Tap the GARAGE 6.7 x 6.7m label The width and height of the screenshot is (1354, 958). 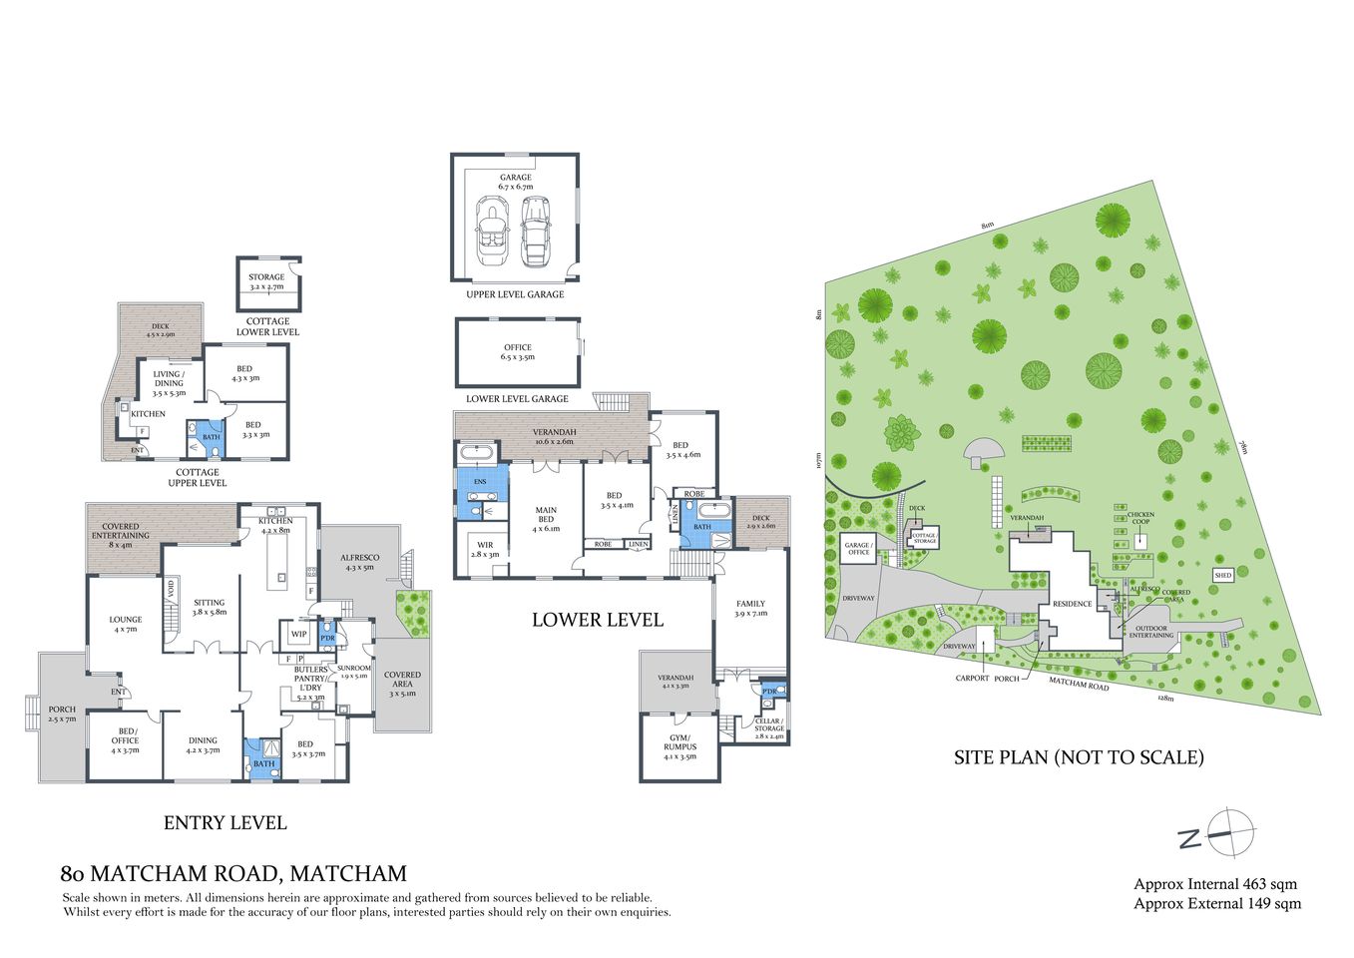516,183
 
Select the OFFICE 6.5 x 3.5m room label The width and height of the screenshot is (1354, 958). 517,352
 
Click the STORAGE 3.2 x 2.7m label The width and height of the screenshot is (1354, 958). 266,281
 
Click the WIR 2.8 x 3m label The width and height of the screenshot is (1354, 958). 485,550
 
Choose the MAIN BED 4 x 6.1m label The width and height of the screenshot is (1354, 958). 546,520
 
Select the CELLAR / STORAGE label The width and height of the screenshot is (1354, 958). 769,724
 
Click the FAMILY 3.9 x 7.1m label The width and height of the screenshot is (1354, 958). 750,609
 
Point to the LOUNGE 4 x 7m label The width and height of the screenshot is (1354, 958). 126,624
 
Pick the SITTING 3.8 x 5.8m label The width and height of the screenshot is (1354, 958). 210,607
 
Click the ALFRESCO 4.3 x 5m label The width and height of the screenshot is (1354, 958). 357,563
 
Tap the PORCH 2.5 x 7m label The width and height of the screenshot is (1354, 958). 62,715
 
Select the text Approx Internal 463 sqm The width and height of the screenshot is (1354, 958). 1215,884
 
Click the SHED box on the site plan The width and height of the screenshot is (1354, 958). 1223,575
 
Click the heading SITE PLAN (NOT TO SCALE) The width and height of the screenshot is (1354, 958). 1079,757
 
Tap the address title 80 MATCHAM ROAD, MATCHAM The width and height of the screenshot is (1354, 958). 233,874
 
